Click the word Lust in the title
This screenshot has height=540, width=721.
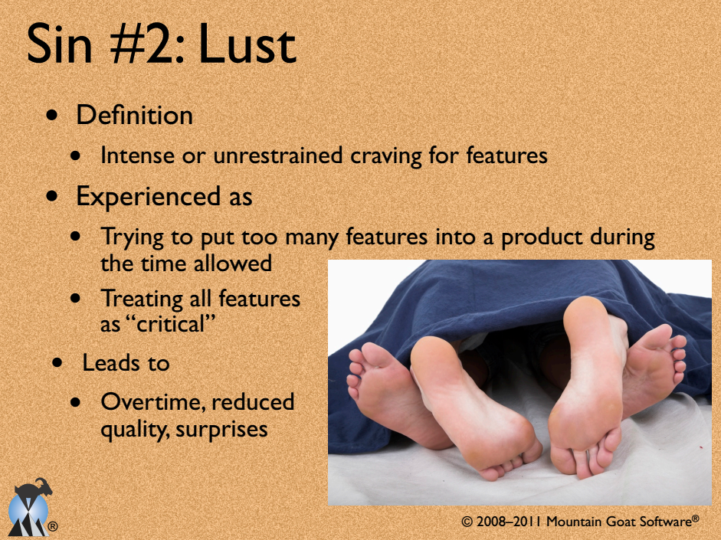[247, 44]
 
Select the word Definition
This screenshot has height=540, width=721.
[134, 115]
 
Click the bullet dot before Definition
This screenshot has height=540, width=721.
[53, 115]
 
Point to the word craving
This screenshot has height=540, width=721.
[386, 156]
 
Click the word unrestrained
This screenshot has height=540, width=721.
[278, 155]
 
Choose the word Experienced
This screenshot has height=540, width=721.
[148, 198]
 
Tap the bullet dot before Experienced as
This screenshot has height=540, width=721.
[53, 196]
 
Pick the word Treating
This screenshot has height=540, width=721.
[142, 299]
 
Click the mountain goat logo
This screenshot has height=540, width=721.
[30, 508]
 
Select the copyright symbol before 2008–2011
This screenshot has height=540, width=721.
[467, 522]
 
